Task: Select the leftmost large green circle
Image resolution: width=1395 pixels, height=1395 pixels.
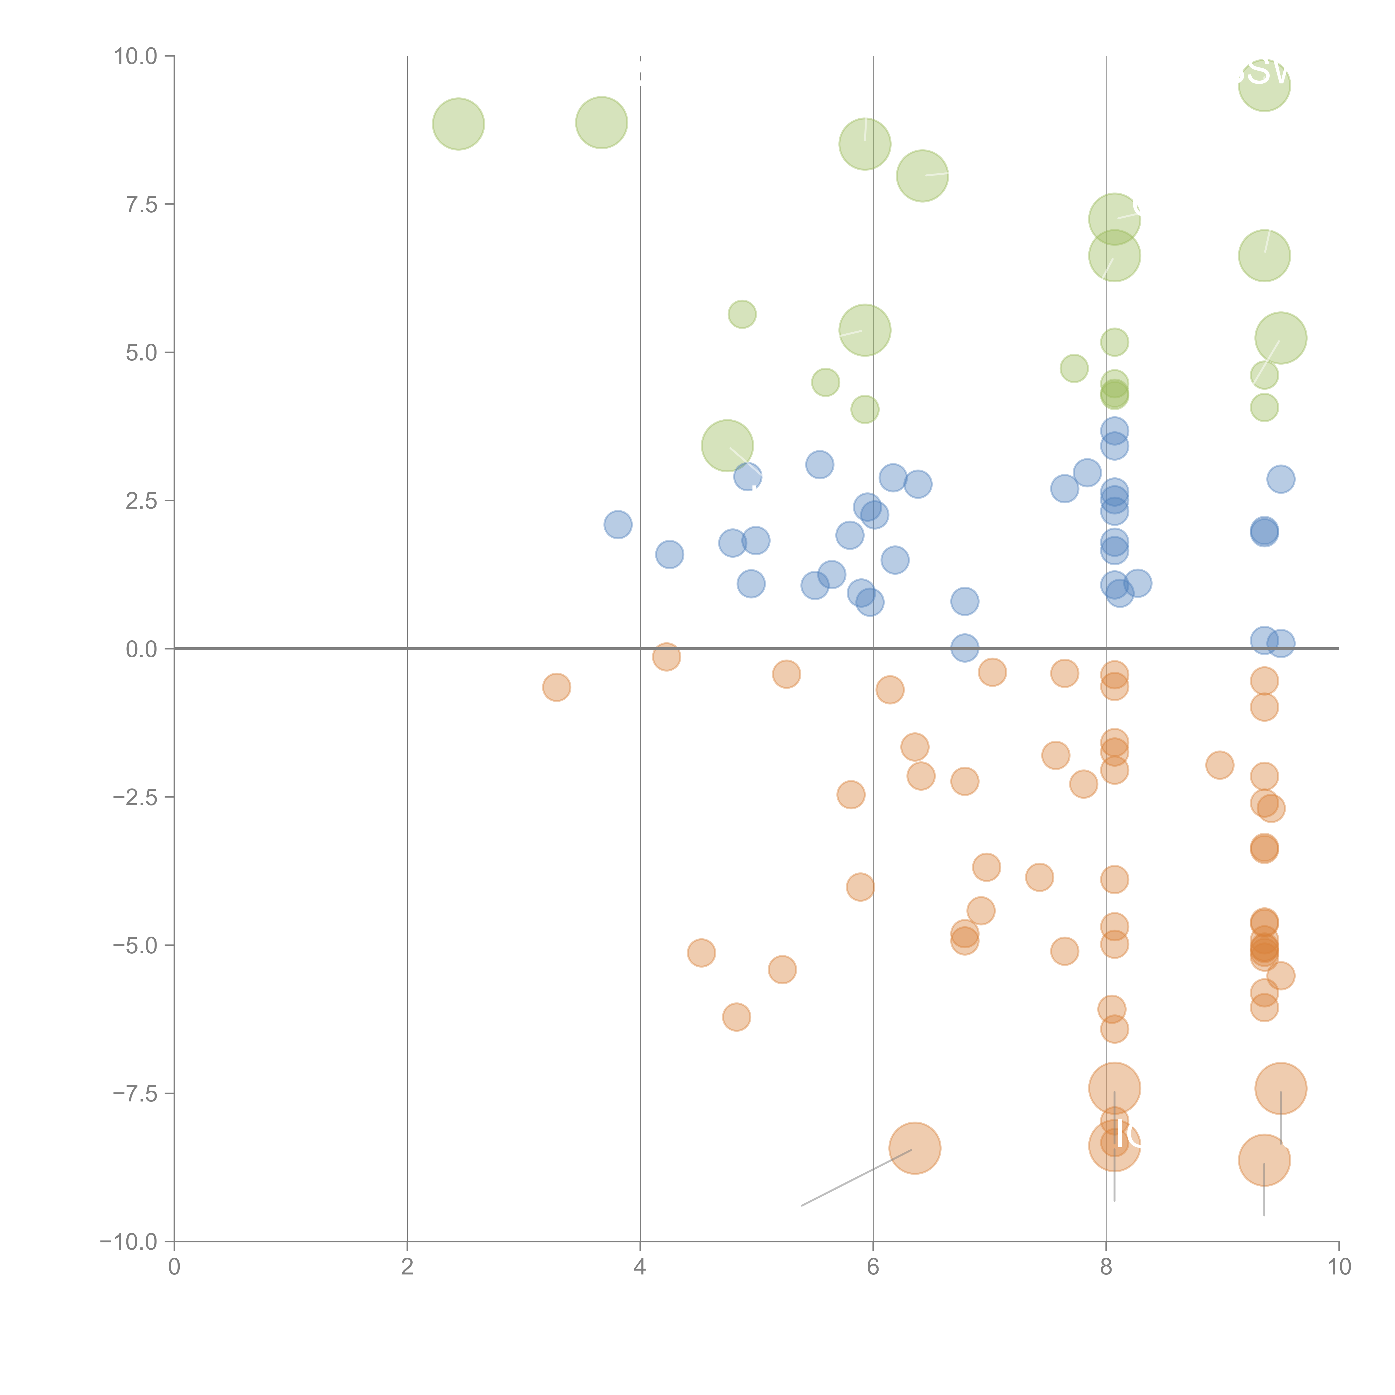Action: [x=458, y=124]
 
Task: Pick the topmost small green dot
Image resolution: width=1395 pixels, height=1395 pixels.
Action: [x=742, y=314]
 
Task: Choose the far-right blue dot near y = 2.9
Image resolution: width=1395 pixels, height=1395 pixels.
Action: [x=1280, y=479]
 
